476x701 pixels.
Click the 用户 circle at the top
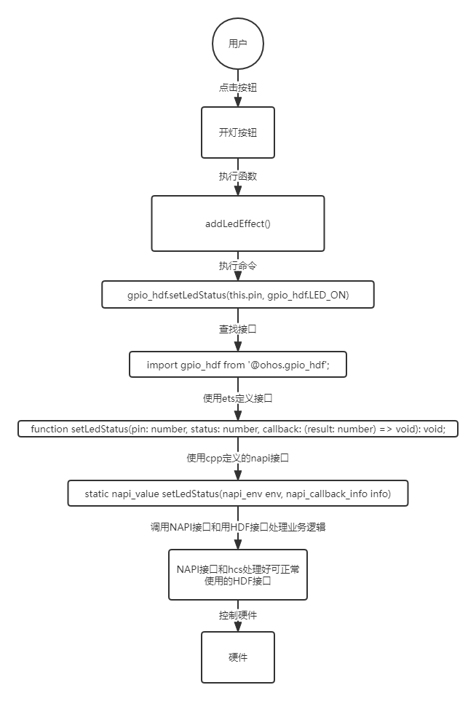click(238, 44)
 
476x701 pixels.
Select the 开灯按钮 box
click(238, 132)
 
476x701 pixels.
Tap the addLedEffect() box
click(238, 223)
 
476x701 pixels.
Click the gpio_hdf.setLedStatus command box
click(238, 295)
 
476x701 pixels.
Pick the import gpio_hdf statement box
click(238, 365)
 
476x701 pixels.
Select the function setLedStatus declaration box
click(238, 429)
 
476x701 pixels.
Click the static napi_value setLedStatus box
click(238, 494)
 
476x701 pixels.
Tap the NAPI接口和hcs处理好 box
click(238, 575)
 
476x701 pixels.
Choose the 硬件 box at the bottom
click(238, 657)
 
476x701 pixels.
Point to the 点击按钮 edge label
click(238, 87)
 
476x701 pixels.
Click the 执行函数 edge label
click(238, 176)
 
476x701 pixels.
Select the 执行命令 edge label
click(238, 266)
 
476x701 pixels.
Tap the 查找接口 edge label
click(238, 330)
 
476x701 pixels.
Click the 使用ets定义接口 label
click(238, 398)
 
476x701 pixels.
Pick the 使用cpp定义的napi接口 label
click(238, 459)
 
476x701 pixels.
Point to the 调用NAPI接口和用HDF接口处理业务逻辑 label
click(238, 527)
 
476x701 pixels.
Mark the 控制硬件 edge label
click(238, 615)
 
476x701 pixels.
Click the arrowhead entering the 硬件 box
click(238, 626)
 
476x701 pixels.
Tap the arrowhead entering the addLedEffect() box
click(238, 190)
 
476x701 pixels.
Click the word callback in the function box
click(281, 429)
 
